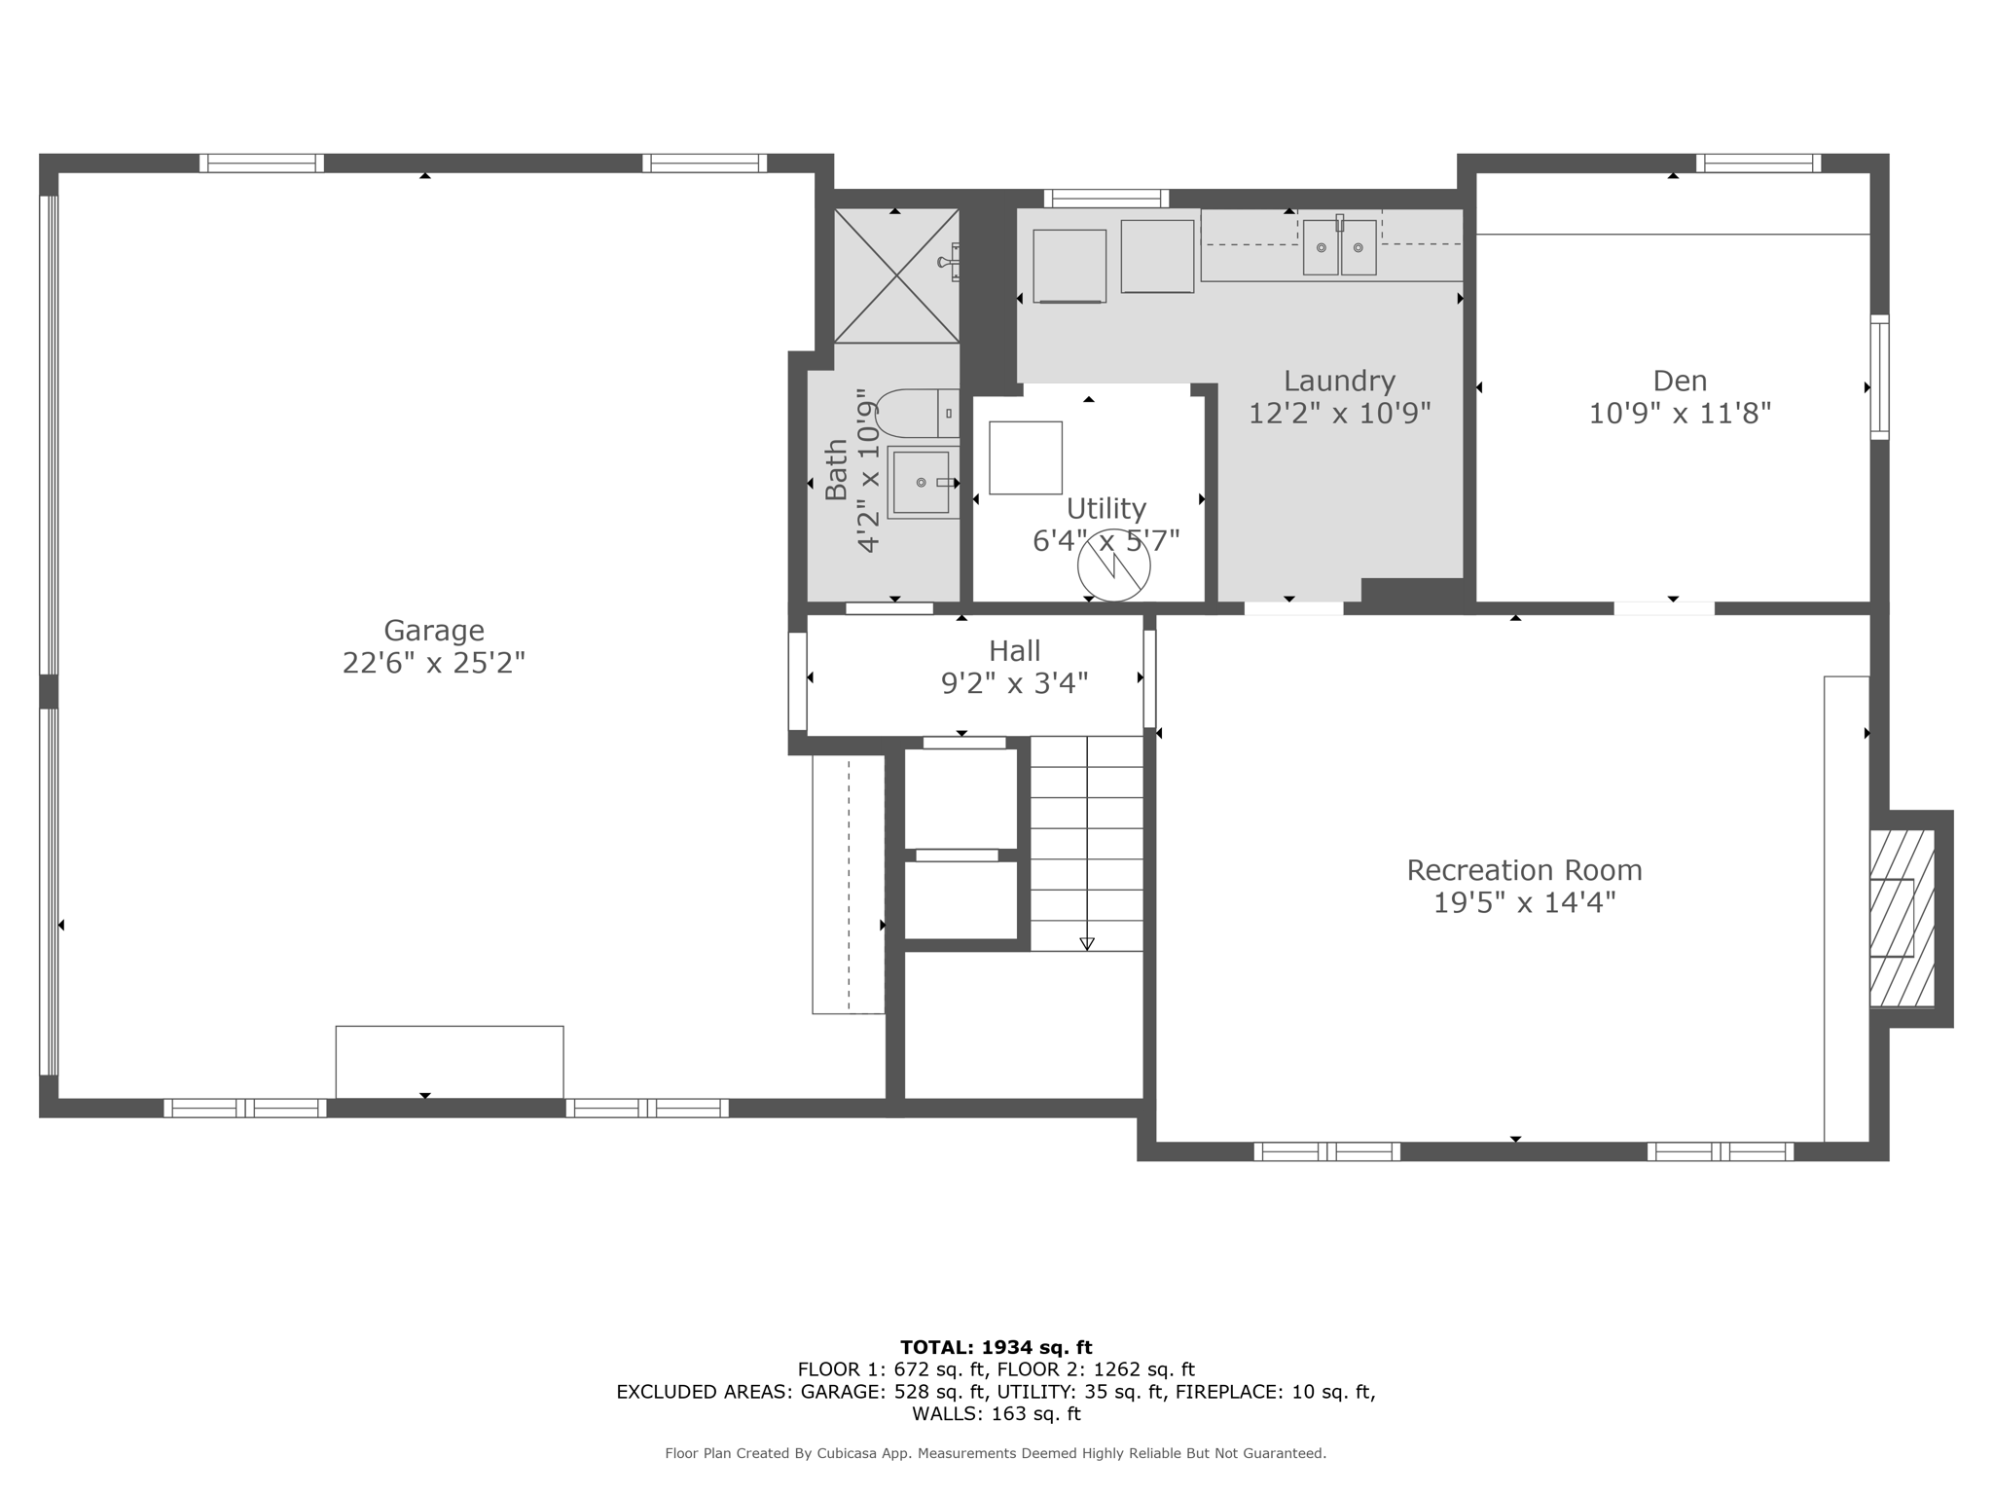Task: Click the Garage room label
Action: point(434,631)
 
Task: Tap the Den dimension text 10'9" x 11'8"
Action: point(1680,414)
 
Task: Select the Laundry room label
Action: point(1339,382)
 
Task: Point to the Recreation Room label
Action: point(1524,870)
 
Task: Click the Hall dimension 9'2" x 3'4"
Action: point(1014,683)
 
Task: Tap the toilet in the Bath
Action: point(918,414)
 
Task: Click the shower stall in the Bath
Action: point(896,275)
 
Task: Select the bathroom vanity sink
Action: point(923,482)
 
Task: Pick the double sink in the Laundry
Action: point(1339,247)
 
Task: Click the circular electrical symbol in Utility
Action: point(1114,565)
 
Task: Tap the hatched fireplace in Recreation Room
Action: point(1902,919)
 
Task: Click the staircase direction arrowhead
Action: point(1087,943)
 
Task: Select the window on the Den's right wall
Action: point(1880,377)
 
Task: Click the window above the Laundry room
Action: point(1106,199)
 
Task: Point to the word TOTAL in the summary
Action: point(937,1348)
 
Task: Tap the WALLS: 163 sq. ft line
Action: point(996,1414)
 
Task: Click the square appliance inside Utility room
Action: point(1026,457)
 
